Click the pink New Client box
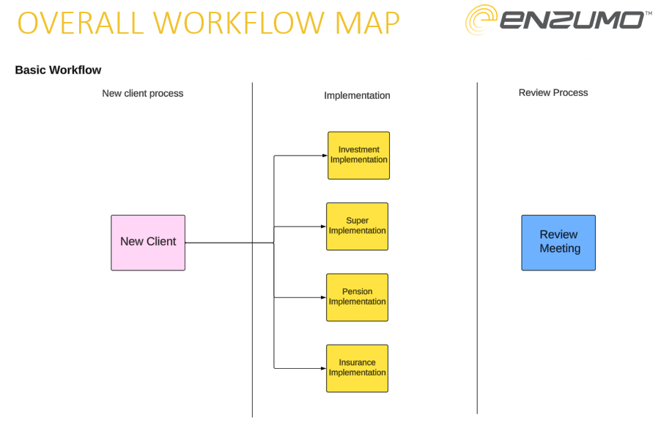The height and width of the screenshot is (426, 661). pyautogui.click(x=148, y=243)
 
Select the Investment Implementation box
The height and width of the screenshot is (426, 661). pyautogui.click(x=358, y=155)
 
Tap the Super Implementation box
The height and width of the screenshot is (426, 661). pyautogui.click(x=357, y=227)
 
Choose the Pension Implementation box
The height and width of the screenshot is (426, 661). pyautogui.click(x=357, y=298)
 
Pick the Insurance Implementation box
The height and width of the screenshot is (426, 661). pyautogui.click(x=357, y=369)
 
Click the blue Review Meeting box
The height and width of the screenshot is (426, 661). pyautogui.click(x=558, y=243)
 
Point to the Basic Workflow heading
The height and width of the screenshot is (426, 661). pyautogui.click(x=58, y=70)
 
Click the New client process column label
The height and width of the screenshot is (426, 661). pyautogui.click(x=142, y=94)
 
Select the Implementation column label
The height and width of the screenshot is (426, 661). pyautogui.click(x=357, y=95)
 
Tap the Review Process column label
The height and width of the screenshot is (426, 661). pyautogui.click(x=553, y=92)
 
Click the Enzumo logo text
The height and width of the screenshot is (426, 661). pyautogui.click(x=571, y=20)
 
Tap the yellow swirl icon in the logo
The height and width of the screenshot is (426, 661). pyautogui.click(x=481, y=20)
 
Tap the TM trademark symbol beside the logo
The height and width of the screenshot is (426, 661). pyautogui.click(x=649, y=13)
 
